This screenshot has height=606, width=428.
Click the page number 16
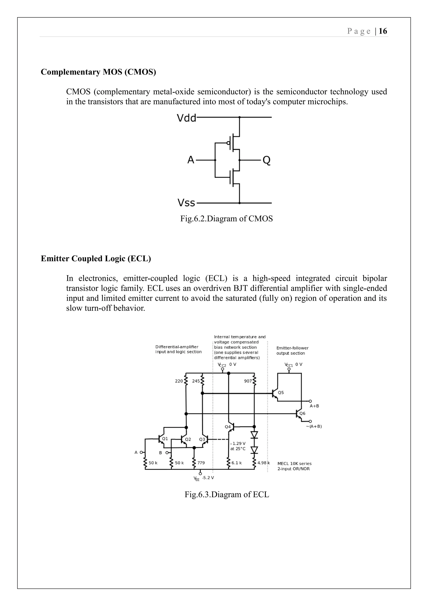point(383,31)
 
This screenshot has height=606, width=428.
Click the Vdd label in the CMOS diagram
point(186,118)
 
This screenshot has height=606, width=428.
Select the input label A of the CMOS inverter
point(191,160)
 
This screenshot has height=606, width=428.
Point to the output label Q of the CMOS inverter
point(266,160)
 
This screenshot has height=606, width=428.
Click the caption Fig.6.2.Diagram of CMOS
point(226,218)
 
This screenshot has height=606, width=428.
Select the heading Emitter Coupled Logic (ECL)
point(96,259)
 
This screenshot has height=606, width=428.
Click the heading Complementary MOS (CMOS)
point(98,72)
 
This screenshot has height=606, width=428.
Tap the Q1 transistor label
point(165,439)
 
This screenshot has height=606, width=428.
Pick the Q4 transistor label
point(228,427)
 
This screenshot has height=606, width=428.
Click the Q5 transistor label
point(281,393)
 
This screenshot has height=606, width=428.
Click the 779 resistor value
point(201,463)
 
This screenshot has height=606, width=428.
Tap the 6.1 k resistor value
point(236,463)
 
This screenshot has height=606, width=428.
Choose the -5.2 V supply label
point(208,478)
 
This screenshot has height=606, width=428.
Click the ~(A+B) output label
point(314,426)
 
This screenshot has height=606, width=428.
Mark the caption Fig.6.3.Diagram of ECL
point(227,494)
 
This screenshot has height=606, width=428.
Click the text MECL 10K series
point(294,463)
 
